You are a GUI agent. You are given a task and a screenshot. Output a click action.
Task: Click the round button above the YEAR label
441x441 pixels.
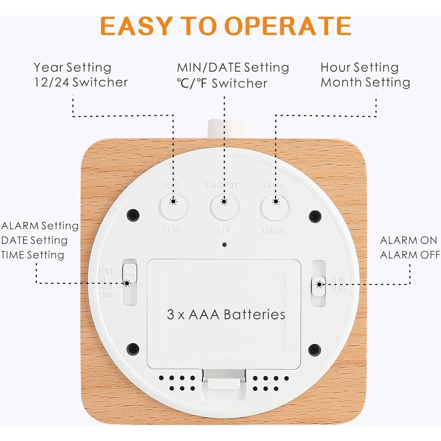pyautogui.click(x=173, y=207)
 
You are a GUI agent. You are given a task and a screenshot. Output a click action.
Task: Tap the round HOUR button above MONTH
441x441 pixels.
pyautogui.click(x=274, y=207)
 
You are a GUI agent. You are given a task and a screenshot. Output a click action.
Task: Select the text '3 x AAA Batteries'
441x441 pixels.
pyautogui.click(x=226, y=315)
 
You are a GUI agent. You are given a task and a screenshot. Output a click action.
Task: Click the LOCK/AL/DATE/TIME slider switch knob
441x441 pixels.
pyautogui.click(x=130, y=273)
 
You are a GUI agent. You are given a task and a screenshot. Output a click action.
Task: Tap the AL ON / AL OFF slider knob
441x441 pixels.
pyautogui.click(x=319, y=286)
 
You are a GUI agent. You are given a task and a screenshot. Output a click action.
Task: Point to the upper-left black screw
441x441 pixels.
pyautogui.click(x=134, y=215)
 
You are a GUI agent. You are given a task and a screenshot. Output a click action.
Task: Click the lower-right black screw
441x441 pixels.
pyautogui.click(x=315, y=350)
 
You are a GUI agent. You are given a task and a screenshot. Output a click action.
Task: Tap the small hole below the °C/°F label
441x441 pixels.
pyautogui.click(x=224, y=245)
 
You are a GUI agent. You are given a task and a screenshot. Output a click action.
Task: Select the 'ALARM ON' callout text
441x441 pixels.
pyautogui.click(x=408, y=240)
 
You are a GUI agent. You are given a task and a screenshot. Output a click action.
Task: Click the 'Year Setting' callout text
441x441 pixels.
pyautogui.click(x=73, y=67)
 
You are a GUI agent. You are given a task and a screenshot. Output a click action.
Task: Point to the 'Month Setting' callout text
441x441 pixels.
pyautogui.click(x=365, y=83)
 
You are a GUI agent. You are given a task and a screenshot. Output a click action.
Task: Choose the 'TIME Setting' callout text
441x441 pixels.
pyautogui.click(x=33, y=255)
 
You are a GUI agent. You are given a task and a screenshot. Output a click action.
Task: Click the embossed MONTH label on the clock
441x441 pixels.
pyautogui.click(x=274, y=230)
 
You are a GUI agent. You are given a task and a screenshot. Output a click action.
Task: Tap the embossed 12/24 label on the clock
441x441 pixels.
pyautogui.click(x=173, y=184)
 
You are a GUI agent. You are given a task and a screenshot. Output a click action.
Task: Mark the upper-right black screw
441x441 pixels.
pyautogui.click(x=315, y=216)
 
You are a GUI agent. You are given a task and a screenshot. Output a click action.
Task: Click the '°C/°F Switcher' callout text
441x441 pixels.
pyautogui.click(x=222, y=83)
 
